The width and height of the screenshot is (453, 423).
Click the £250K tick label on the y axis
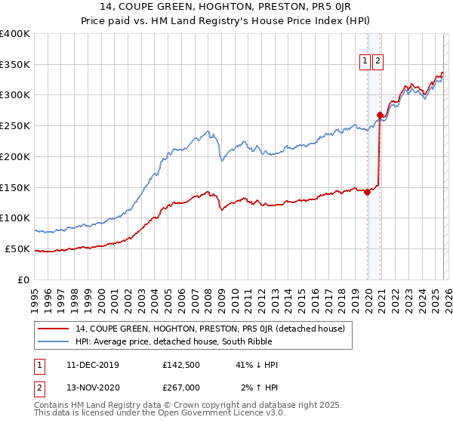point(15,126)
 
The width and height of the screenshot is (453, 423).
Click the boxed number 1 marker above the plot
point(365,62)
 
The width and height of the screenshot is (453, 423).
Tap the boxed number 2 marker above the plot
point(377,62)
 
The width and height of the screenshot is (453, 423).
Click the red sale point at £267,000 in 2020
point(380,115)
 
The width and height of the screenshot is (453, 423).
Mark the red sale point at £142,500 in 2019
point(368,192)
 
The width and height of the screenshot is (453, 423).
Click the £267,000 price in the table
point(181,387)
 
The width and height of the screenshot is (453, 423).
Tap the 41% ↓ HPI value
point(257,365)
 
